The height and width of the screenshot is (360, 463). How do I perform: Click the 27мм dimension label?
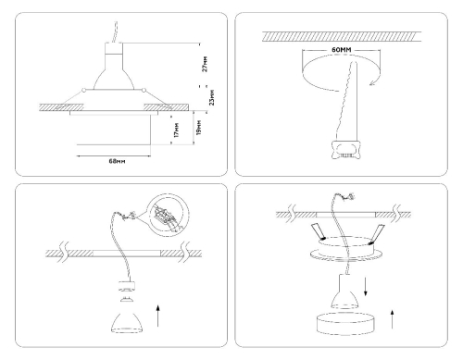205,64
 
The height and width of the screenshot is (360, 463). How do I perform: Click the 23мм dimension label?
212,97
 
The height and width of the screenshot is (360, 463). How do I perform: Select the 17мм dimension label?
176,130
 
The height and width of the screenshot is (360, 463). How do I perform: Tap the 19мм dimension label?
199,127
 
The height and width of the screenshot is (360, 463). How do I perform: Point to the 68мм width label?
118,161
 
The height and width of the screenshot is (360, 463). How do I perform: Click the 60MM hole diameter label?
342,50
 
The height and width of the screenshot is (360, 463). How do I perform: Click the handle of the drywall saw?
345,150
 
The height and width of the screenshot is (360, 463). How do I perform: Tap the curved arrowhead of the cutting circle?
374,81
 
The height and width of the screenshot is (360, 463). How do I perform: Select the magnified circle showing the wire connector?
167,215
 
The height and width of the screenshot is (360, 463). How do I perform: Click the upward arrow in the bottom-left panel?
157,316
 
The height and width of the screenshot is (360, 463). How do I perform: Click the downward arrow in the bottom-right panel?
366,287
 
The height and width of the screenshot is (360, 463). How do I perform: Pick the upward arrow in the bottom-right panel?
393,319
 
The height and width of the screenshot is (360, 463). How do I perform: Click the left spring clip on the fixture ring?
319,231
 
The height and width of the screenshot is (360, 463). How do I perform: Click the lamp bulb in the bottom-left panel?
127,323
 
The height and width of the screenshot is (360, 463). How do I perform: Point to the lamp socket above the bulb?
127,286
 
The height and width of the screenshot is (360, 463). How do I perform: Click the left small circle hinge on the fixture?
83,91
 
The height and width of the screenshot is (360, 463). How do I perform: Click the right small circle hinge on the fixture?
144,91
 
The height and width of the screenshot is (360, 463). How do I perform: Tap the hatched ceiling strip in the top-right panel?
342,36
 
